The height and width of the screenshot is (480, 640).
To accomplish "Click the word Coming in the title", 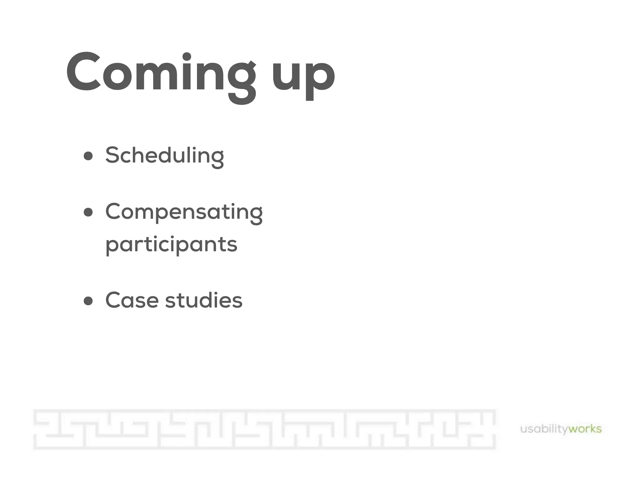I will point(161,73).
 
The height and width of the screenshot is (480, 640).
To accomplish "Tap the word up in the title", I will point(303,75).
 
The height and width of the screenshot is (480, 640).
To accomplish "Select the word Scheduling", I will point(164,155).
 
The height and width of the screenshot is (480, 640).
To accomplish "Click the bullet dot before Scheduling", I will point(88,156).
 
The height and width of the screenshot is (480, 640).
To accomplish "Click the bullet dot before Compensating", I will point(88,212).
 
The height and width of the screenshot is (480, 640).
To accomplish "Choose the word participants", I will point(171,244).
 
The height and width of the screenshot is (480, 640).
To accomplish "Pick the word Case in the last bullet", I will point(132,300).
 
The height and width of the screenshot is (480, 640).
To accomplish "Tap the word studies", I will point(204,300).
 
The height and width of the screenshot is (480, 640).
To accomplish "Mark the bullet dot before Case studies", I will point(88,301).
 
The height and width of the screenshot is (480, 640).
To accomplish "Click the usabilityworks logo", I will point(561,429).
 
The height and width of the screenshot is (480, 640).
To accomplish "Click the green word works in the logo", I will point(585,429).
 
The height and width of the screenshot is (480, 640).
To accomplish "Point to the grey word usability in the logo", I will point(544,429).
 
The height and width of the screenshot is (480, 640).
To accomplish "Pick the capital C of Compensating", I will point(115,212).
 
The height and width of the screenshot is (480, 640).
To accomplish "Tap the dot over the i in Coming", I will point(187,57).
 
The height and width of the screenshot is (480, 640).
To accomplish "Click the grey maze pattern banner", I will point(264,429).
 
